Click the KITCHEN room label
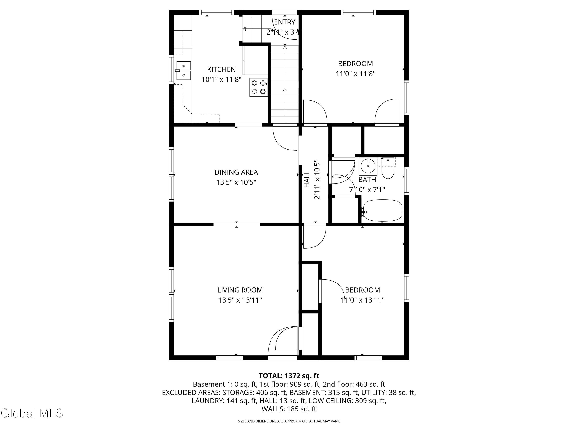point(221,69)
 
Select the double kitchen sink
point(184,70)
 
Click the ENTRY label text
point(285,22)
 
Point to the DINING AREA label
point(236,172)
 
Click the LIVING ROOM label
point(240,290)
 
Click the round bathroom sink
point(368,166)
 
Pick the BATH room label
point(367,180)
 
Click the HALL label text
point(307,179)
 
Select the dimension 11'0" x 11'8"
point(356,74)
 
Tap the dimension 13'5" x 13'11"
point(240,300)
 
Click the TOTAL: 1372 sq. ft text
point(289,376)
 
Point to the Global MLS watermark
point(32,413)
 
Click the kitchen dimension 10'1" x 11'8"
point(221,80)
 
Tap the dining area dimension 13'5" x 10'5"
point(236,182)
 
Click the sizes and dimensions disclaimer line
point(289,421)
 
